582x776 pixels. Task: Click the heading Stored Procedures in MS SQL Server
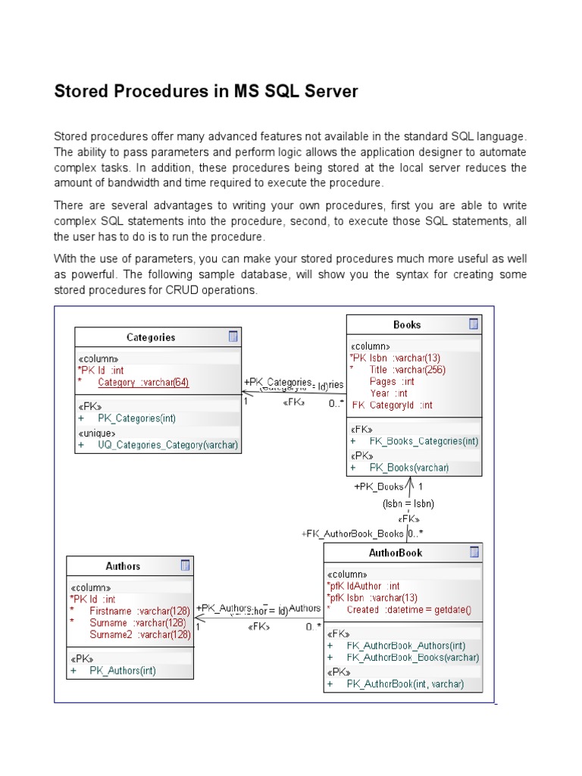pos(205,92)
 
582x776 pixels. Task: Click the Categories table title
pos(150,337)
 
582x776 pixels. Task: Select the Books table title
pos(407,324)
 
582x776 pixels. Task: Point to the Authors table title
pos(123,566)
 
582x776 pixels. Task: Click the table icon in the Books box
pos(473,324)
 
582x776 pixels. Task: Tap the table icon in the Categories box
pos(233,336)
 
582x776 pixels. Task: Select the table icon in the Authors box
pos(185,565)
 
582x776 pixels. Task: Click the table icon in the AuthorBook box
pos(473,552)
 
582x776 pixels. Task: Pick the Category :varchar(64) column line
pos(143,383)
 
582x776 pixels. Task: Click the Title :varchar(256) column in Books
pos(407,370)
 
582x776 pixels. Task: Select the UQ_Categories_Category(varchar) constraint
pos(167,446)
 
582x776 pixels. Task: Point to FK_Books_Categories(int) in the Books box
pos(424,441)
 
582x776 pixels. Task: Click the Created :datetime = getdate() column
pos(408,609)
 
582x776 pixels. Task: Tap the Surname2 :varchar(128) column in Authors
pos(140,634)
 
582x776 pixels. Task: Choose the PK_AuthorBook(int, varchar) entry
pos(405,684)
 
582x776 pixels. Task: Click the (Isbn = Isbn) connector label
pos(408,503)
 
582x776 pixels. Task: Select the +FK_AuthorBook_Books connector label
pos(352,533)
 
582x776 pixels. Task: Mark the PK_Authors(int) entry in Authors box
pos(123,671)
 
